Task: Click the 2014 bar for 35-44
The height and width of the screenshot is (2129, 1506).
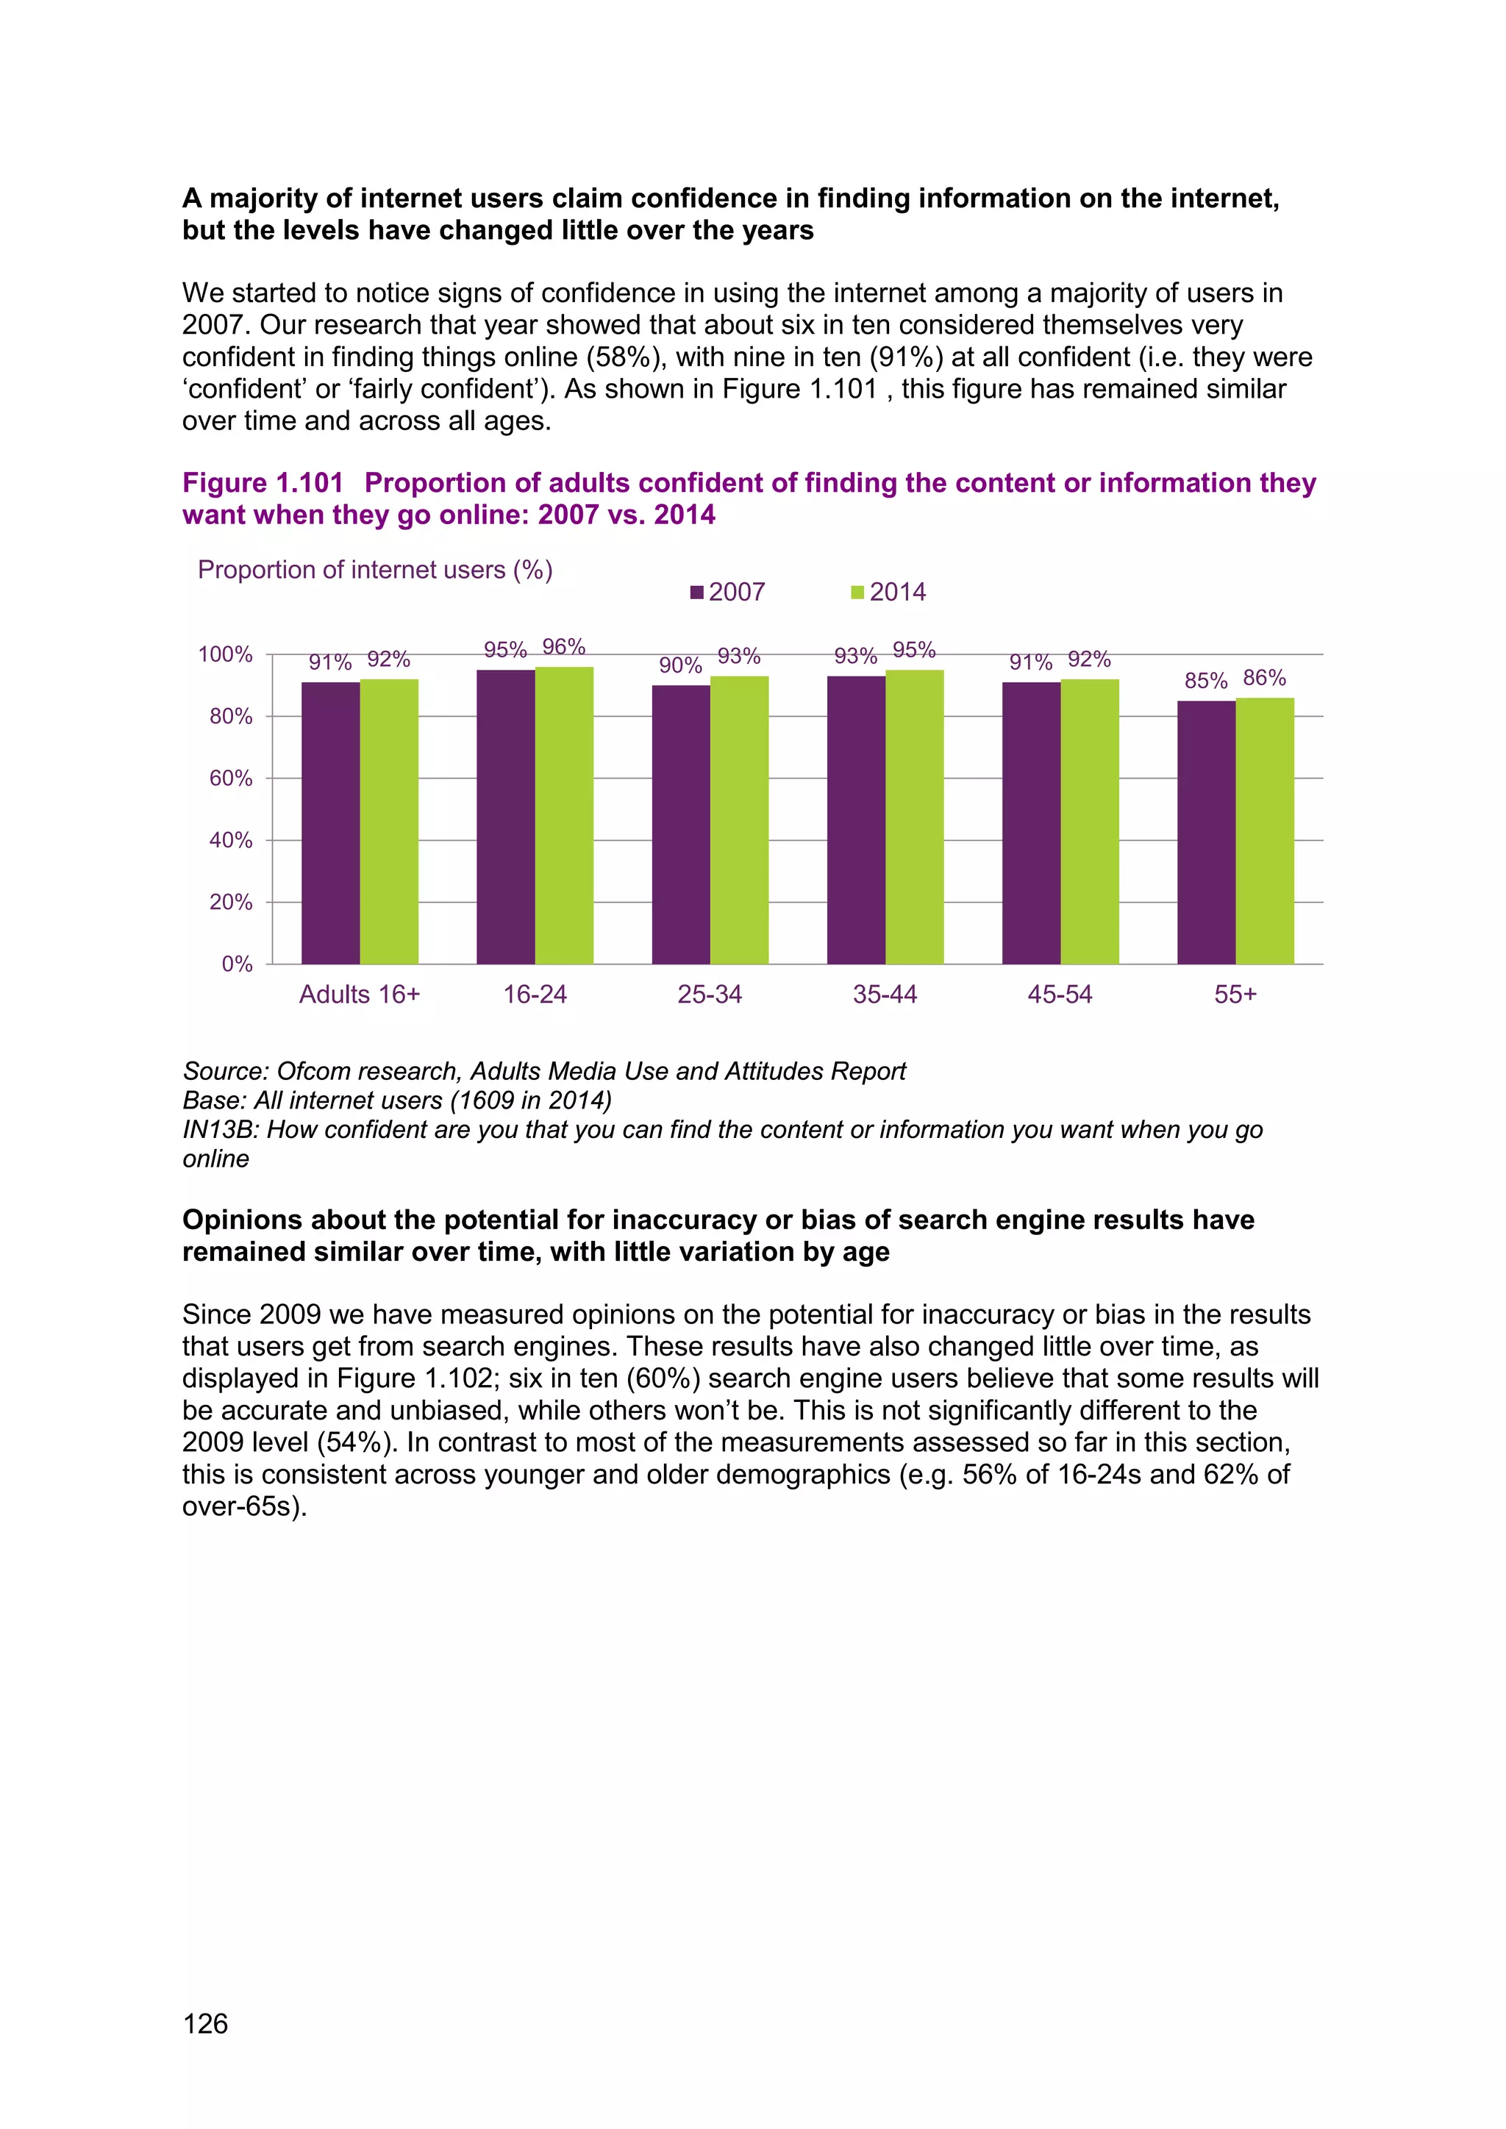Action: tap(914, 817)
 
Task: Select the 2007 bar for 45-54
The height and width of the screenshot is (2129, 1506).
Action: tap(1031, 823)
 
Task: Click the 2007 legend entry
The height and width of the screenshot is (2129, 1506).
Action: tap(728, 593)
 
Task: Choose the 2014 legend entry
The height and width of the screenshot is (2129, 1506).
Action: tap(888, 593)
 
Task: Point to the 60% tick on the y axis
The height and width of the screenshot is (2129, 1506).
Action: tap(231, 779)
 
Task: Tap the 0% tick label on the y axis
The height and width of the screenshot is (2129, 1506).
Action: tap(238, 965)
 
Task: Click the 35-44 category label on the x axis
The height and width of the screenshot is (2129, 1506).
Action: tap(885, 995)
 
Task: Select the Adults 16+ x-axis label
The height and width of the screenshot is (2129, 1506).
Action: tap(360, 995)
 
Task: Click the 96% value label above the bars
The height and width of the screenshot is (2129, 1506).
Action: tap(564, 647)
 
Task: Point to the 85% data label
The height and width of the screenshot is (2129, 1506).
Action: tap(1205, 681)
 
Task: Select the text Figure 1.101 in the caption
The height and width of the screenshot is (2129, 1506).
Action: tap(263, 483)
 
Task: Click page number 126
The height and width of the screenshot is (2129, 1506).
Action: tap(206, 2023)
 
